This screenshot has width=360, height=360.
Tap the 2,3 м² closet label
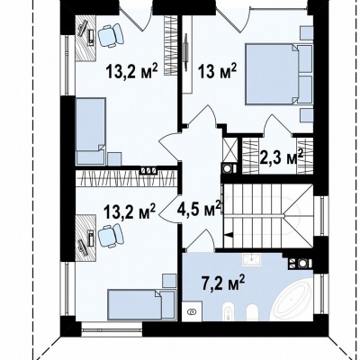(281, 157)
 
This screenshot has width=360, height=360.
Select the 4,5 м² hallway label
(199, 208)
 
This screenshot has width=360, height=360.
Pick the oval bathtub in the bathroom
(292, 301)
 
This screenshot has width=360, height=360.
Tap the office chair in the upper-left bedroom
(110, 36)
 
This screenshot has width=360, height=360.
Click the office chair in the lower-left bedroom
(110, 236)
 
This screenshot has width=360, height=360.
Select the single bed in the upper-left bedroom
(90, 131)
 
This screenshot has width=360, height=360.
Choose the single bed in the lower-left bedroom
(141, 304)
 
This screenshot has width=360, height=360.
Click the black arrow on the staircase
(228, 235)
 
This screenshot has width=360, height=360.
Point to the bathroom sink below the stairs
(252, 259)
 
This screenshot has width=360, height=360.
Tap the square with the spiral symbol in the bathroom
(192, 312)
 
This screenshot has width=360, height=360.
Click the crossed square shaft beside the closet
(229, 149)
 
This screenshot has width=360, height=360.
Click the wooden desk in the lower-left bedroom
(85, 238)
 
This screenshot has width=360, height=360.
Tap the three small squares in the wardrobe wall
(149, 170)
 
